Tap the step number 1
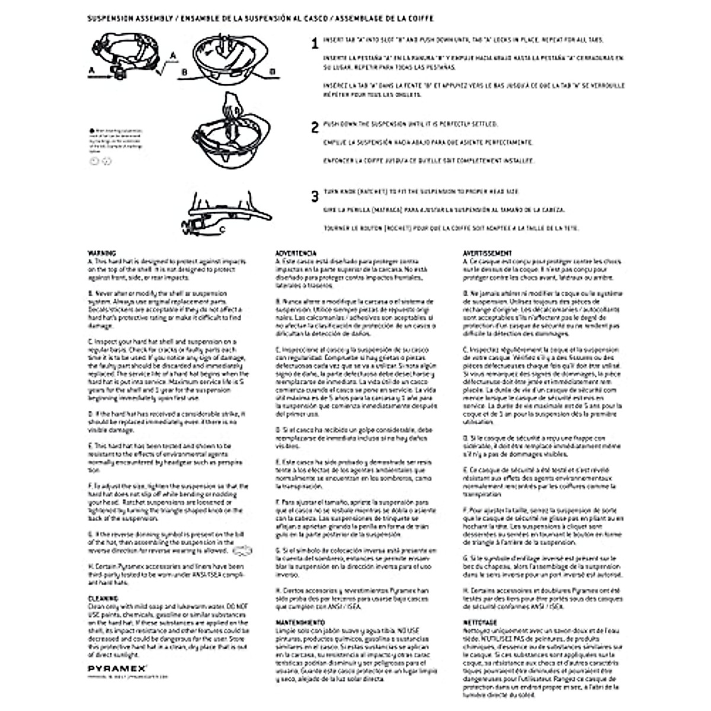[x=315, y=43]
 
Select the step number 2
[x=315, y=127]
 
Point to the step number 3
[x=315, y=196]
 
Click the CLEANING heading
[x=99, y=598]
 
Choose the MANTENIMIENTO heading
[x=300, y=623]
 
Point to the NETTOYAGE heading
[x=479, y=623]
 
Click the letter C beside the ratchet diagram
[x=222, y=228]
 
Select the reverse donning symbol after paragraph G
[x=242, y=551]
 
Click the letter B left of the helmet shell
[x=184, y=72]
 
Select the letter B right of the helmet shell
[x=273, y=72]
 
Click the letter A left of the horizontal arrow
[x=91, y=71]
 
